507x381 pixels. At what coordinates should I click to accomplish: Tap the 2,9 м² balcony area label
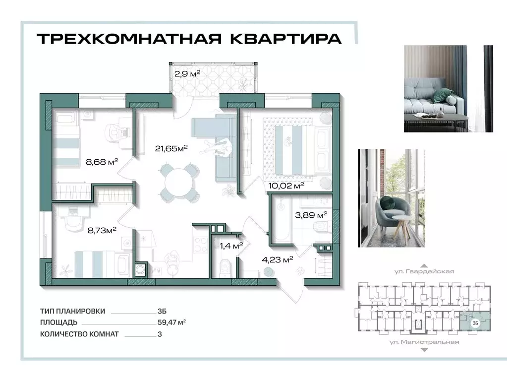tap(187, 73)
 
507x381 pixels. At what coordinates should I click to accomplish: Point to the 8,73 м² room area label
tap(101, 230)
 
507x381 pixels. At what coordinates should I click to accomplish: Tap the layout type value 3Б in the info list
tap(162, 311)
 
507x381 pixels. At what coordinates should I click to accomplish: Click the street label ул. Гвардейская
tap(424, 272)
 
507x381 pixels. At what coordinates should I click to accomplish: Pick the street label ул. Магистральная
tap(424, 342)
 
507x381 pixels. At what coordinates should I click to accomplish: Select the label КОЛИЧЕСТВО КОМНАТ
tap(79, 334)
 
